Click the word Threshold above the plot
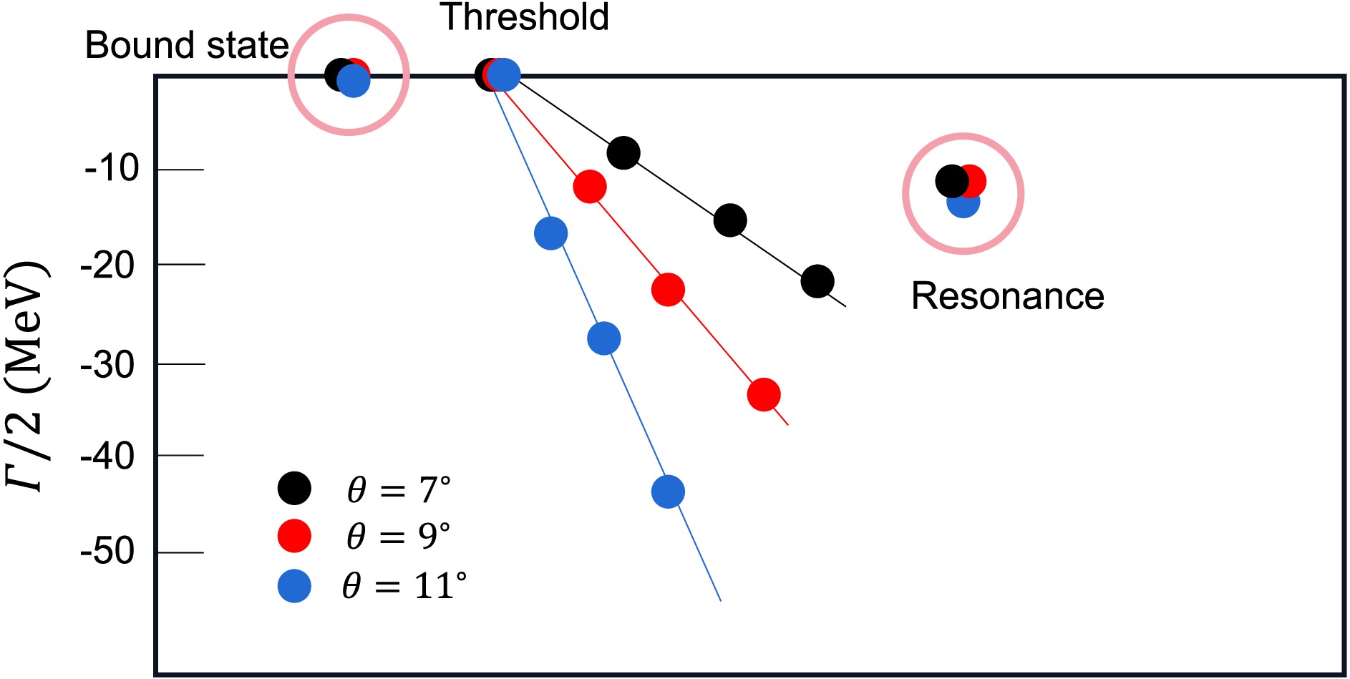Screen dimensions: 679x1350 click(x=525, y=17)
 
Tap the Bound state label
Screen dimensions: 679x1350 click(x=186, y=46)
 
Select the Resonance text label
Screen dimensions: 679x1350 click(x=1007, y=296)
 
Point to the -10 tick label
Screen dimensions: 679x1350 click(x=111, y=170)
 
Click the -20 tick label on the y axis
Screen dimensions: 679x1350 click(x=108, y=265)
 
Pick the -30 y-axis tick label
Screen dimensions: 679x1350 click(x=108, y=365)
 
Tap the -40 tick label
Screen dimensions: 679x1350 click(x=108, y=456)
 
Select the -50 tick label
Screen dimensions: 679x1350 click(x=108, y=552)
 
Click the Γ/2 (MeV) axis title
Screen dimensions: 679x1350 click(x=27, y=376)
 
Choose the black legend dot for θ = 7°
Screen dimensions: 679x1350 click(x=294, y=489)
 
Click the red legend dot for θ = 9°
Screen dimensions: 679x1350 click(x=294, y=536)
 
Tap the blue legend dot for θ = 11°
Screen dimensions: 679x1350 click(x=294, y=586)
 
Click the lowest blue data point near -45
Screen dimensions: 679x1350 click(x=668, y=492)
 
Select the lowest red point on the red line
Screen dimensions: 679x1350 click(x=764, y=394)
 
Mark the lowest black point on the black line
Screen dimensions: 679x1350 click(x=817, y=281)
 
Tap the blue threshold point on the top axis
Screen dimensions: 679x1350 click(x=505, y=74)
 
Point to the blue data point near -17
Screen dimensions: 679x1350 click(x=550, y=233)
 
